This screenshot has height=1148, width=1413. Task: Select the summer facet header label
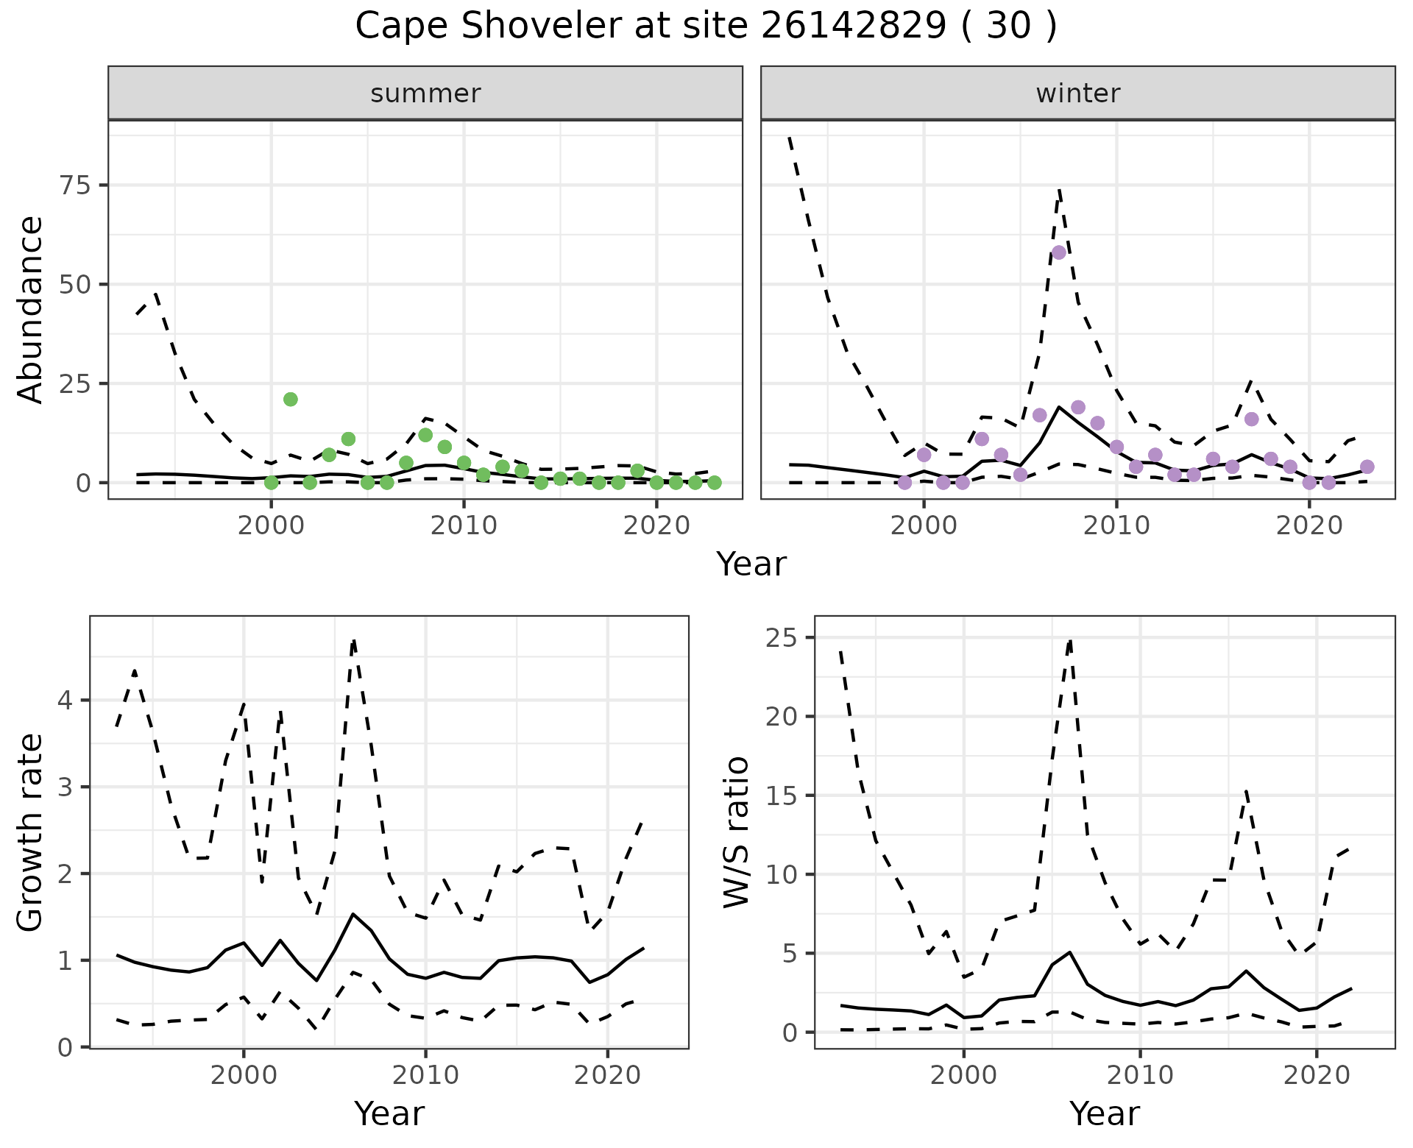[425, 93]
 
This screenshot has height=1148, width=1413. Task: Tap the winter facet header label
[1077, 93]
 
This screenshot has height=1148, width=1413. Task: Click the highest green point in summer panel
[291, 399]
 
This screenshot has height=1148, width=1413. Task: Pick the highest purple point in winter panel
[1059, 252]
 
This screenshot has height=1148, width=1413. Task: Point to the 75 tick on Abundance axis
[73, 185]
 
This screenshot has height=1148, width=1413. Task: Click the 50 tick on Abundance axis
[73, 284]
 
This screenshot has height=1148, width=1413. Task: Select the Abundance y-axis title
[31, 309]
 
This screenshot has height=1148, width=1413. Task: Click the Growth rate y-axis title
[31, 832]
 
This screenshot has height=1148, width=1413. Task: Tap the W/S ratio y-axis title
[736, 832]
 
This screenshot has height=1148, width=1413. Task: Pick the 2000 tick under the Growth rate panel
[244, 1075]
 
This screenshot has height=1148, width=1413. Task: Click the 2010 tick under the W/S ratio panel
[1140, 1075]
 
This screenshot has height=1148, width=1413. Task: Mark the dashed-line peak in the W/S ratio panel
[1070, 640]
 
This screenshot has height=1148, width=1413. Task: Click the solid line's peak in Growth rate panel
[353, 914]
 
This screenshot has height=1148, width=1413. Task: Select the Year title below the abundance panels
[751, 564]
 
